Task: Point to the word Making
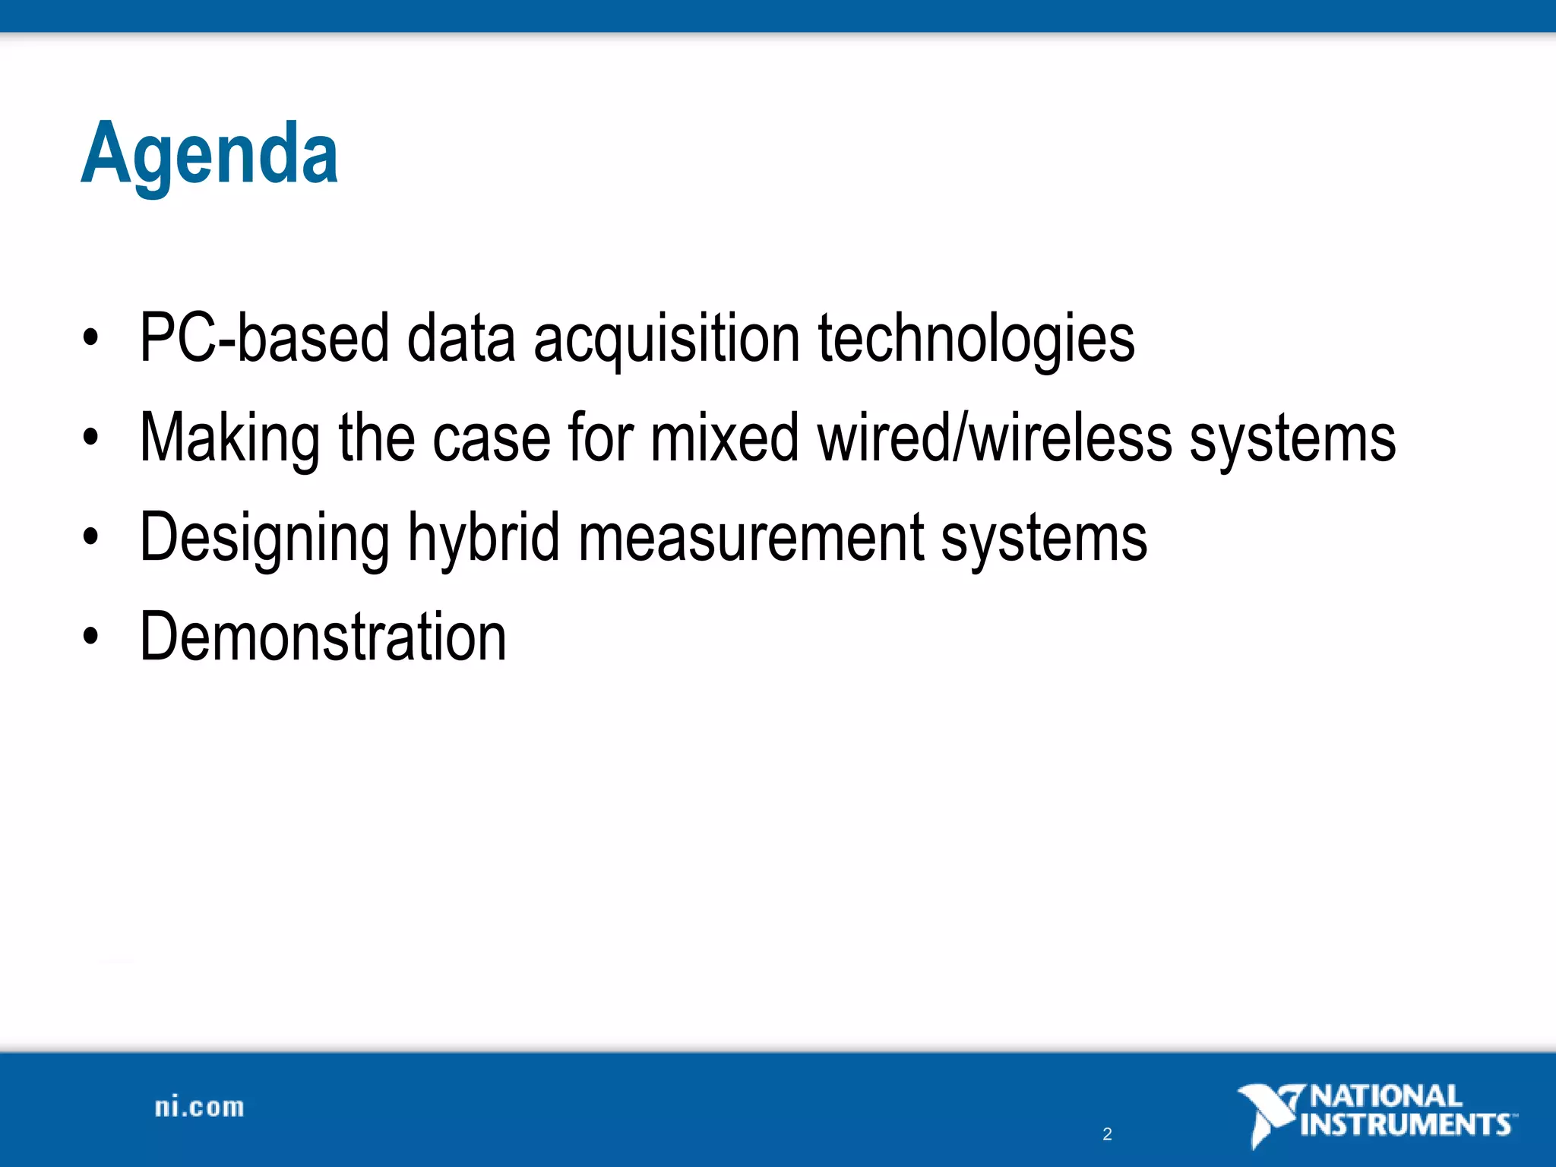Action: click(x=229, y=438)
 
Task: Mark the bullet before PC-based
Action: click(x=91, y=338)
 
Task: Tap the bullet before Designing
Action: click(x=91, y=537)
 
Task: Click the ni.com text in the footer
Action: click(x=199, y=1108)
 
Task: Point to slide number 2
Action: click(x=1107, y=1134)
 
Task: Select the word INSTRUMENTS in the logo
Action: click(x=1406, y=1124)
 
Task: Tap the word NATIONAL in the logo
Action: click(x=1387, y=1096)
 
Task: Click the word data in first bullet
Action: click(x=461, y=338)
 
